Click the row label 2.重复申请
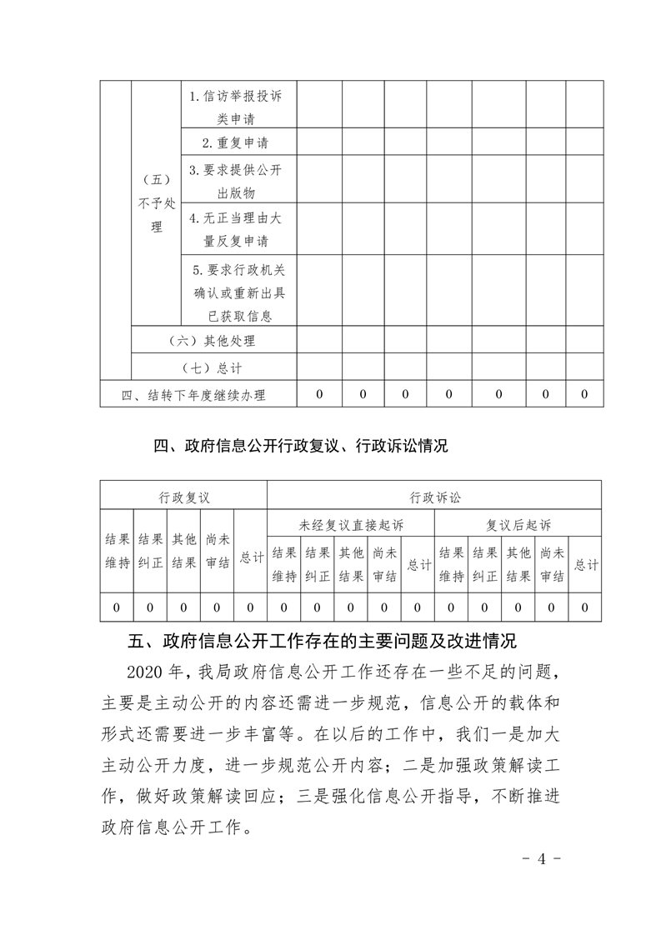[238, 142]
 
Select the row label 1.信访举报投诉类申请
[238, 107]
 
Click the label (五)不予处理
[157, 204]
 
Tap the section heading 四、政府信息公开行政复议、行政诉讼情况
[301, 447]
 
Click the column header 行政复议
[184, 497]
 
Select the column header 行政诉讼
[434, 497]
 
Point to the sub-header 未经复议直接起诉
[350, 525]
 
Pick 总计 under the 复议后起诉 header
[586, 564]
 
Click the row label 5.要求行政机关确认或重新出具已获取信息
[238, 292]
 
